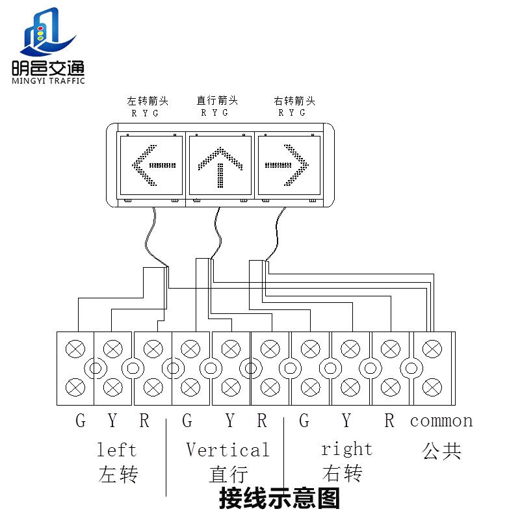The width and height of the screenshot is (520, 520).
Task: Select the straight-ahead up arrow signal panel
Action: (x=220, y=165)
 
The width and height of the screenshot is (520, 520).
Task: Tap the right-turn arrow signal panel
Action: (x=289, y=165)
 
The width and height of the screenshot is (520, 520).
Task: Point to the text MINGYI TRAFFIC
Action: (x=48, y=81)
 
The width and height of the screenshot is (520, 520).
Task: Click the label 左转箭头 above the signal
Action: (x=148, y=101)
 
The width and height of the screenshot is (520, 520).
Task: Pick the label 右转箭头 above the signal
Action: (x=294, y=101)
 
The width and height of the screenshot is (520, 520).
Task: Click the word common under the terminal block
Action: (x=441, y=421)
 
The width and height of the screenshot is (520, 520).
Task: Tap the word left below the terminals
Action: (x=117, y=450)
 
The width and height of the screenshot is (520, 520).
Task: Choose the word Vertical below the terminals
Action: (x=227, y=450)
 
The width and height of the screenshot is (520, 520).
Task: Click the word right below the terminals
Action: (x=346, y=449)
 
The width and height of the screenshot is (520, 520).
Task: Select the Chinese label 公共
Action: (x=441, y=451)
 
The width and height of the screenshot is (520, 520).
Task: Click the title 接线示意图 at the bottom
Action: (x=279, y=499)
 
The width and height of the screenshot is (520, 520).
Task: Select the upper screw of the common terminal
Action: (x=432, y=349)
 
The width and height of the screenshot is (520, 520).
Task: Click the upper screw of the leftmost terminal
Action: (x=75, y=349)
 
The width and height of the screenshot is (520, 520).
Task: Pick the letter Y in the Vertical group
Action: (x=229, y=421)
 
